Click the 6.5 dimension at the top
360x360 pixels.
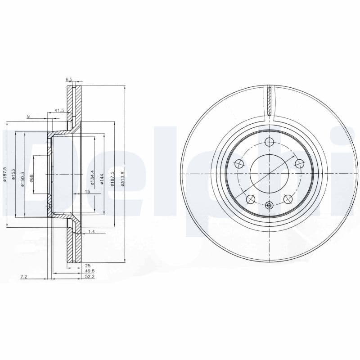(69, 79)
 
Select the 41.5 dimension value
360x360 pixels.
(59, 110)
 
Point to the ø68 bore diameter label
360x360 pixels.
(32, 178)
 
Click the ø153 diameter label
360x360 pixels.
(14, 174)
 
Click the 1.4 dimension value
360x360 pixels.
(92, 231)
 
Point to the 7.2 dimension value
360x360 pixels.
(24, 277)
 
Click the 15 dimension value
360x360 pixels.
(88, 192)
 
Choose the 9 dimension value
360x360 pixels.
(28, 117)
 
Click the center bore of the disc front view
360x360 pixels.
(269, 174)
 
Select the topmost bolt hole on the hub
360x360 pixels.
(269, 142)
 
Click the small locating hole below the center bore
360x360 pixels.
(269, 205)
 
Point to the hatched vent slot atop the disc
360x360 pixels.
(269, 101)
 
